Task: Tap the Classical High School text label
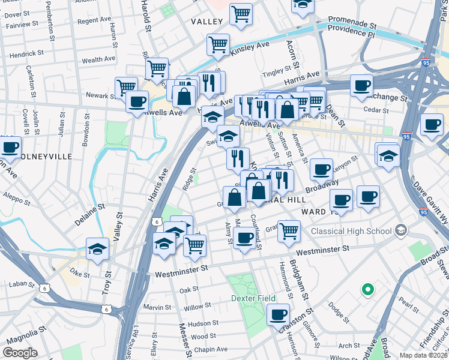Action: point(350,231)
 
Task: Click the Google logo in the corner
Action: point(20,352)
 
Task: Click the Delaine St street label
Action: point(90,214)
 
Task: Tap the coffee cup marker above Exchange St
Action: point(362,85)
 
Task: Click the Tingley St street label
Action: point(277,74)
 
